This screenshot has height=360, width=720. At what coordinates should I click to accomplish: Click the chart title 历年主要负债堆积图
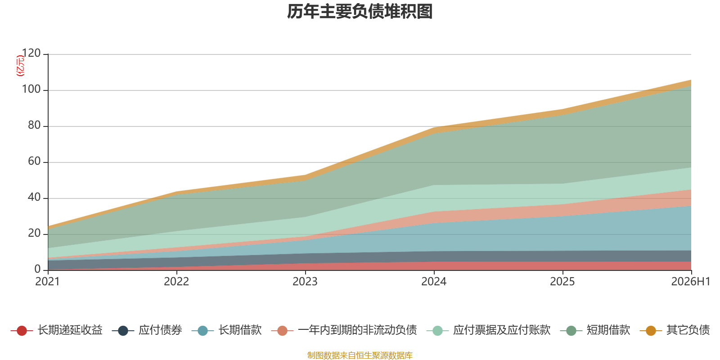(x=360, y=12)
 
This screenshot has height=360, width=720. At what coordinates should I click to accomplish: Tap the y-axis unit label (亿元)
(x=20, y=66)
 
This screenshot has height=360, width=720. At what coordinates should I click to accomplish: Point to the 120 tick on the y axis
(x=31, y=53)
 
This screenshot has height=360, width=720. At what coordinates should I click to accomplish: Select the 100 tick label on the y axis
(x=31, y=89)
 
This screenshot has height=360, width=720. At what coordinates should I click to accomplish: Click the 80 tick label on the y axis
(x=34, y=125)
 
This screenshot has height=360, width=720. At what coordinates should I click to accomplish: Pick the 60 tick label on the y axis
(x=34, y=161)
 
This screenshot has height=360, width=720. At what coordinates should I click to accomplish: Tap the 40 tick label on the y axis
(x=34, y=197)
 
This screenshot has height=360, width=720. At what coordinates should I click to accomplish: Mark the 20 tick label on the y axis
(x=34, y=233)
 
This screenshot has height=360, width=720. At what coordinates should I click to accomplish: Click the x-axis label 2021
(x=48, y=282)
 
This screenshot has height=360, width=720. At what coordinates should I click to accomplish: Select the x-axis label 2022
(x=176, y=282)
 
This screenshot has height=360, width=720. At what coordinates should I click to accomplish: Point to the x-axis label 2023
(x=305, y=282)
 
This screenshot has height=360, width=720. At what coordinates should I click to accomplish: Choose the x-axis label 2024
(x=434, y=282)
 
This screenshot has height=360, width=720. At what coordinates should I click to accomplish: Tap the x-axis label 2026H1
(x=691, y=282)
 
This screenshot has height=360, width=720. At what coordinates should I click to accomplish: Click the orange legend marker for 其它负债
(x=651, y=330)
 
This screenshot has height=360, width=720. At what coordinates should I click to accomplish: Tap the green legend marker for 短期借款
(x=571, y=330)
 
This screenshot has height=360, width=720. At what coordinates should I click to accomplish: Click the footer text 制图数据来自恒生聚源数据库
(x=360, y=355)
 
